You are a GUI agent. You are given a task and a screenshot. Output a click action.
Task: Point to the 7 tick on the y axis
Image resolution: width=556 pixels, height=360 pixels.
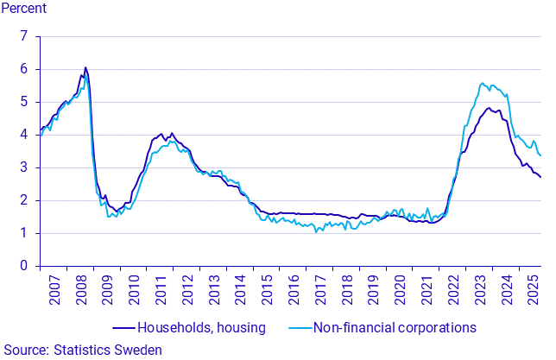click(x=24, y=36)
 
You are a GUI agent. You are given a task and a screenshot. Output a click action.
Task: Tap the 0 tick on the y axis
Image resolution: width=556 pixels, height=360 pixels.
click(x=24, y=266)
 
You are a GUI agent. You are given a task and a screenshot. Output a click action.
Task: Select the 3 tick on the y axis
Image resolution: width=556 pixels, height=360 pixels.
click(x=24, y=167)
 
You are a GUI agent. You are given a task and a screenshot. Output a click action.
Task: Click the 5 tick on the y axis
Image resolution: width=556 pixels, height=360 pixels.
click(x=24, y=102)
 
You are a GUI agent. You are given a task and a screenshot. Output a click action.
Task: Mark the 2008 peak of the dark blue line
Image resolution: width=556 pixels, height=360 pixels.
click(x=85, y=67)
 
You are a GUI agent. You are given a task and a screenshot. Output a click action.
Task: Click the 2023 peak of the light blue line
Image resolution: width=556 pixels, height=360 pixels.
click(x=482, y=83)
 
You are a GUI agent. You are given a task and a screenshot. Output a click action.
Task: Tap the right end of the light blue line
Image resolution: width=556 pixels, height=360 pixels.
click(x=540, y=155)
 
